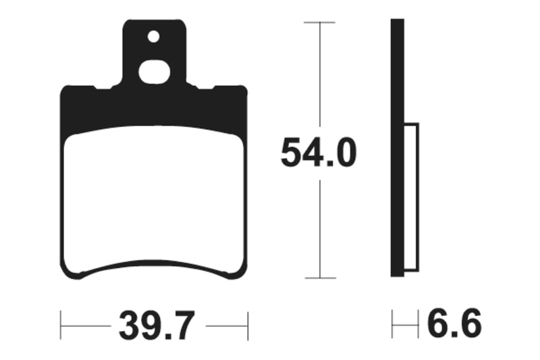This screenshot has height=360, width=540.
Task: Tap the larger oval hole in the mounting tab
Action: click(154, 71)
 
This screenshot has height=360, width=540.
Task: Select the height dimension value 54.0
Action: click(318, 154)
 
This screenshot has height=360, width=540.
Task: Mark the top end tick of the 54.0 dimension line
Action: click(319, 22)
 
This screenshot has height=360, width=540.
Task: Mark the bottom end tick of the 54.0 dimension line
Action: click(319, 278)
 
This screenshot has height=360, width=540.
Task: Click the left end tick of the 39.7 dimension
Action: click(61, 326)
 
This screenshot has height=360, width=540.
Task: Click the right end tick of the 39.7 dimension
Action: click(248, 326)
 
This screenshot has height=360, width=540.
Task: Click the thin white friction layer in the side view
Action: click(411, 196)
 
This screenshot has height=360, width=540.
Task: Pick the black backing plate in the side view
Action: click(398, 149)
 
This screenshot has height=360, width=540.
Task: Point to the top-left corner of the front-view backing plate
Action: click(64, 89)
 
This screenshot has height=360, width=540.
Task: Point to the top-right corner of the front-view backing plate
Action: click(244, 89)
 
